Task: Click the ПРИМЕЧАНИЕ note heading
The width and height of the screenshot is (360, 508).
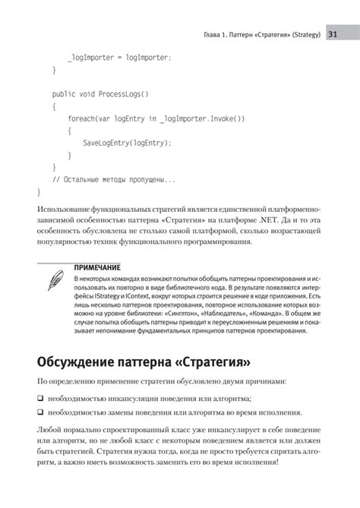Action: coord(97,268)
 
